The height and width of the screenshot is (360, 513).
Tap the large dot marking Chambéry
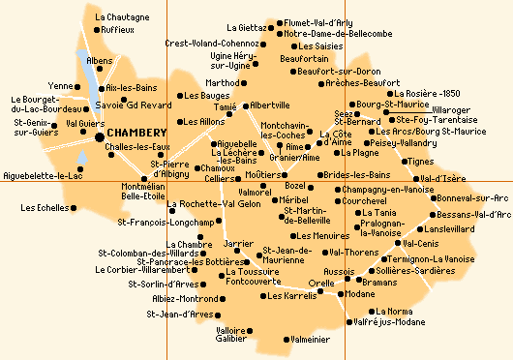(x=100, y=135)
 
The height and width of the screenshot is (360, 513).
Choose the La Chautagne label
(x=122, y=17)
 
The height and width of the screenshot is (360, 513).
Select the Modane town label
(x=360, y=294)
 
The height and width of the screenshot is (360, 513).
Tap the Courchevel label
(x=364, y=200)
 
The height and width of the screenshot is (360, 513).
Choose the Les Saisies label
(x=319, y=46)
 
